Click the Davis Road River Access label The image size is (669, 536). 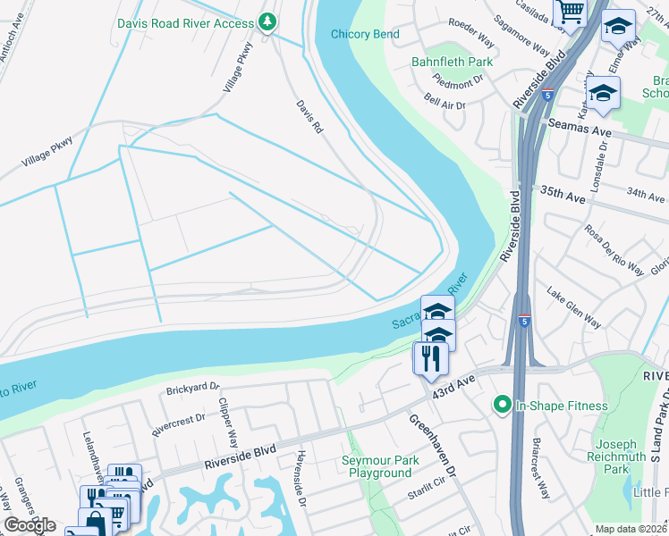[186, 22]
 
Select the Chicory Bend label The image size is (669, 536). [365, 35]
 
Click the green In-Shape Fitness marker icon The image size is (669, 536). [501, 406]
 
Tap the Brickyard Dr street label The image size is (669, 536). [192, 390]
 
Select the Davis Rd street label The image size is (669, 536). [309, 116]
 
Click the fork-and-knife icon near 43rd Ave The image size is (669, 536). [431, 358]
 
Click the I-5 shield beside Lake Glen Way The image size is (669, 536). [522, 319]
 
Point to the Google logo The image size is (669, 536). [30, 525]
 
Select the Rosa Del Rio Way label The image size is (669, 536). [614, 249]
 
